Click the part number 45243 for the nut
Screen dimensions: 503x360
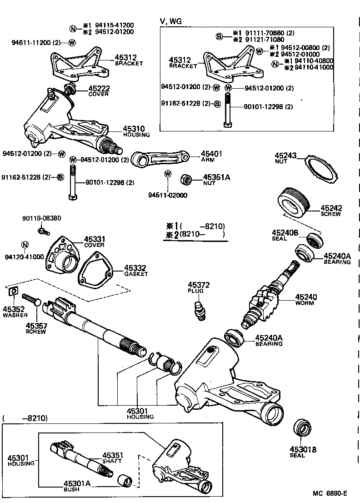pyautogui.click(x=285, y=156)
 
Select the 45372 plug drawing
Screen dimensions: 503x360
pyautogui.click(x=199, y=311)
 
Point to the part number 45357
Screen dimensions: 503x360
pyautogui.click(x=35, y=326)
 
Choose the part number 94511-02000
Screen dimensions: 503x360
pyautogui.click(x=168, y=196)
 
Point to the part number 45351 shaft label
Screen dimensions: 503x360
pyautogui.click(x=112, y=455)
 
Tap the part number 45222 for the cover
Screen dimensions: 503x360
pyautogui.click(x=99, y=88)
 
